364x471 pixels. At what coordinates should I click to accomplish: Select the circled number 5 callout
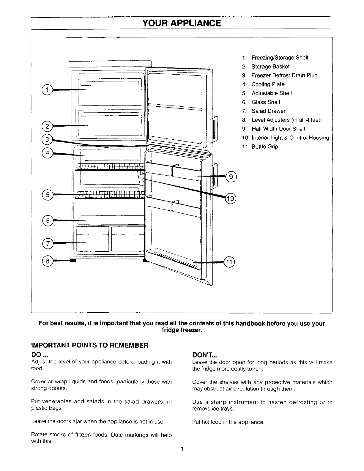[x=47, y=195]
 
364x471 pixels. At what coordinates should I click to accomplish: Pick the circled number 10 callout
[x=231, y=199]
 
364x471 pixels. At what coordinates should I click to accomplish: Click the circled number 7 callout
[x=47, y=243]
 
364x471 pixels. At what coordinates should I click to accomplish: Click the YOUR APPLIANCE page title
[x=182, y=23]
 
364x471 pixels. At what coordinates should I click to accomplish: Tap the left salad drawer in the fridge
[x=92, y=239]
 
